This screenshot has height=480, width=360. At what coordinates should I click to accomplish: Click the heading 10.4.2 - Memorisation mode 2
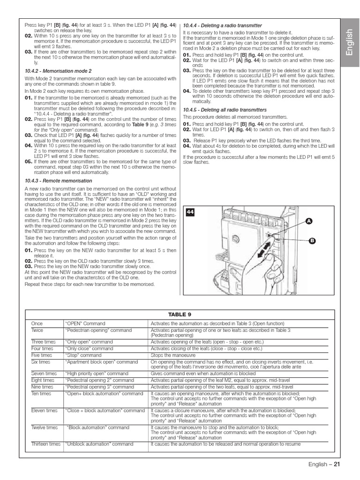[58, 71]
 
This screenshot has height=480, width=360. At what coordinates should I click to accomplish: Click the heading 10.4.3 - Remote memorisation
[59, 180]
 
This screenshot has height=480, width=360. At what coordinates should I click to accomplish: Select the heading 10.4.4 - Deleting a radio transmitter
[222, 25]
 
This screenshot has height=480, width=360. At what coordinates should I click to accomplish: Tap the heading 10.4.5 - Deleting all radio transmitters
[225, 110]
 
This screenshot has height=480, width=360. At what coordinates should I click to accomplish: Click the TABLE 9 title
[177, 315]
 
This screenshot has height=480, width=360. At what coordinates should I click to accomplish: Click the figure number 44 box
[190, 212]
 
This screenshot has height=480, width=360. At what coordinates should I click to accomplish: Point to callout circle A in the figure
[309, 221]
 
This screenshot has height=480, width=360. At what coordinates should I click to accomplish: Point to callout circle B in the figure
[311, 240]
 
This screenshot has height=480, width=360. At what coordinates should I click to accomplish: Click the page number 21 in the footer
[337, 465]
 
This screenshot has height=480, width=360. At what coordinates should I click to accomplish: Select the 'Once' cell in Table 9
[37, 323]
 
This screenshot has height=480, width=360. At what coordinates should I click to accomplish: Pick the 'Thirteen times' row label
[46, 443]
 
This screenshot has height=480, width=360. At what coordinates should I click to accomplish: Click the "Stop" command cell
[83, 355]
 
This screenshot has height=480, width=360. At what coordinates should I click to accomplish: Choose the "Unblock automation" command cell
[99, 443]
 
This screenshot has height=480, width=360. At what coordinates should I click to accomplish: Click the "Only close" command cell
[89, 349]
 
